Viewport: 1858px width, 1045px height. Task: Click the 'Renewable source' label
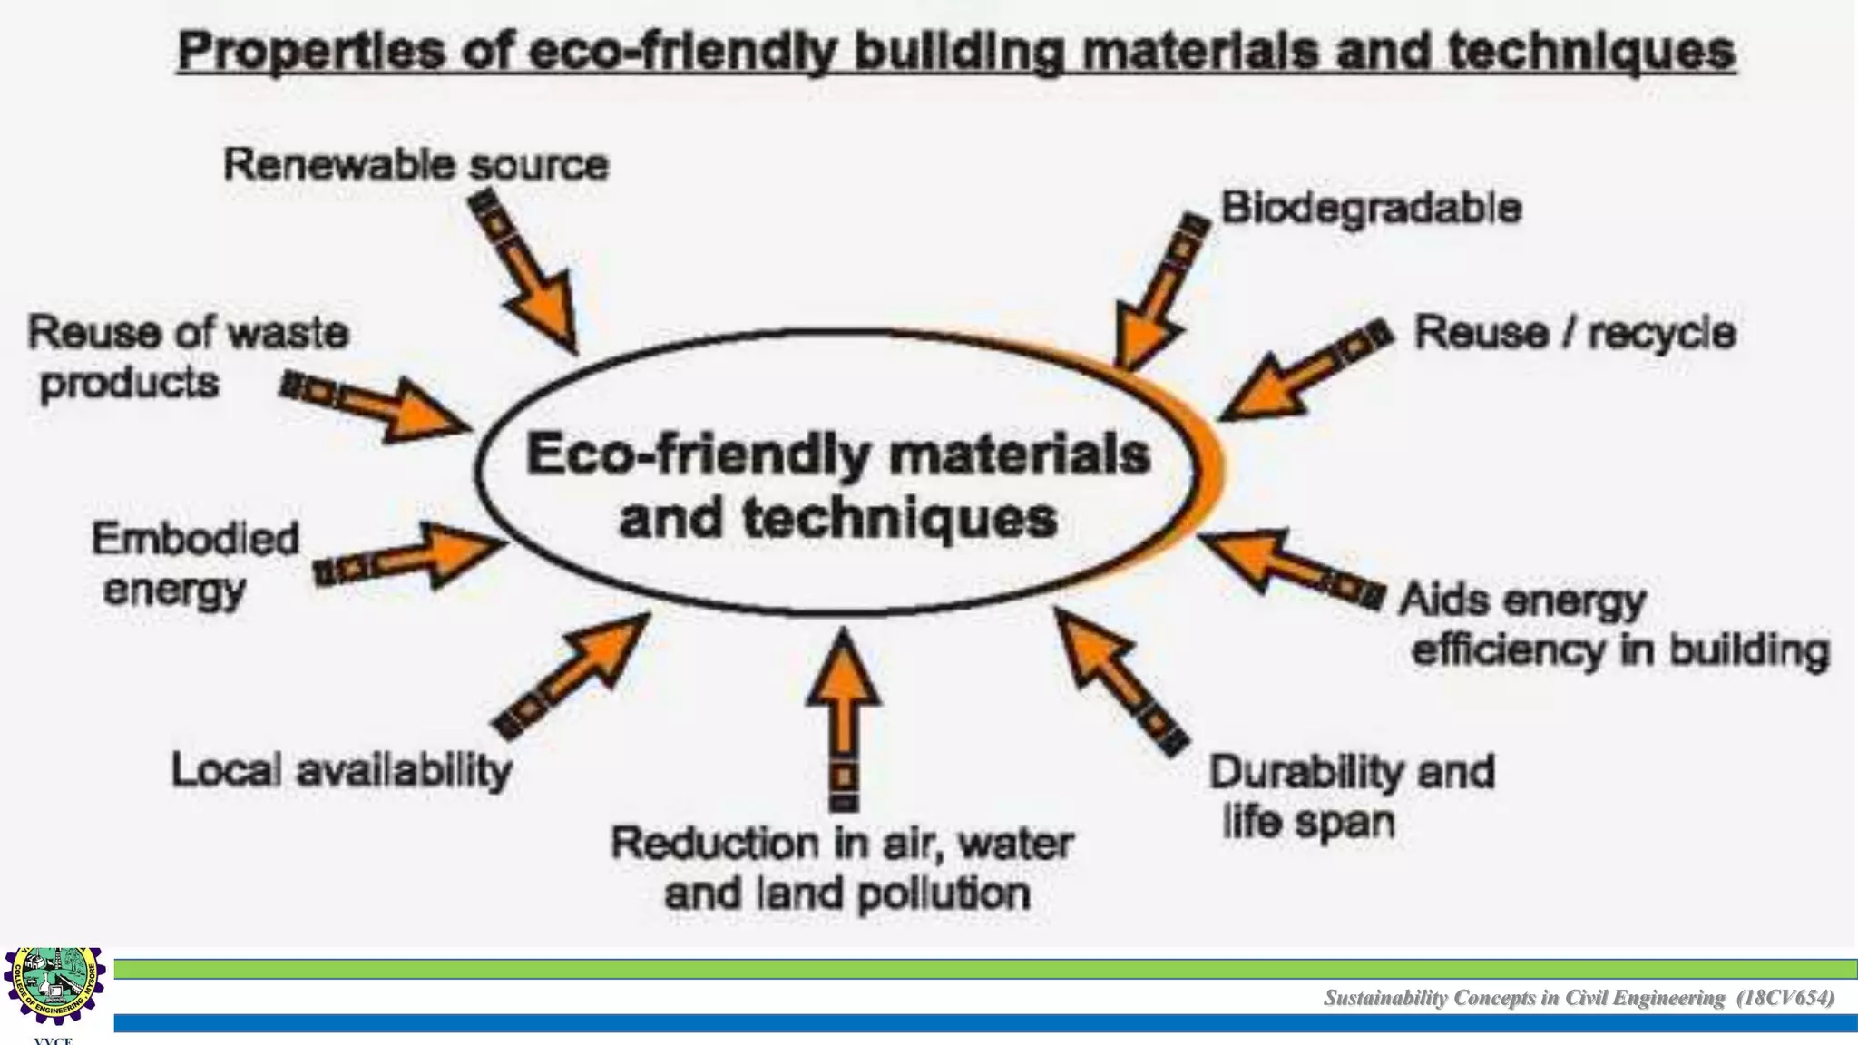point(416,165)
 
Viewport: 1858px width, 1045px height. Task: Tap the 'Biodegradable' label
point(1371,208)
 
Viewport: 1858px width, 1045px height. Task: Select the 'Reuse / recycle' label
point(1574,333)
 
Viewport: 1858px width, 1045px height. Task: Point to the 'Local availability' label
point(341,771)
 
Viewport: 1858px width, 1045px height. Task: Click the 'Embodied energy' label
point(194,563)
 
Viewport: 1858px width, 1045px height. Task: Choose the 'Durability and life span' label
point(1351,796)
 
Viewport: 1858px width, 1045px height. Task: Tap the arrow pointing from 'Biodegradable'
point(1157,296)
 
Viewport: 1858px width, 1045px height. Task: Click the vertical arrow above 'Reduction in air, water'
point(844,717)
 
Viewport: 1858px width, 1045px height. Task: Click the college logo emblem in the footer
point(54,986)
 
